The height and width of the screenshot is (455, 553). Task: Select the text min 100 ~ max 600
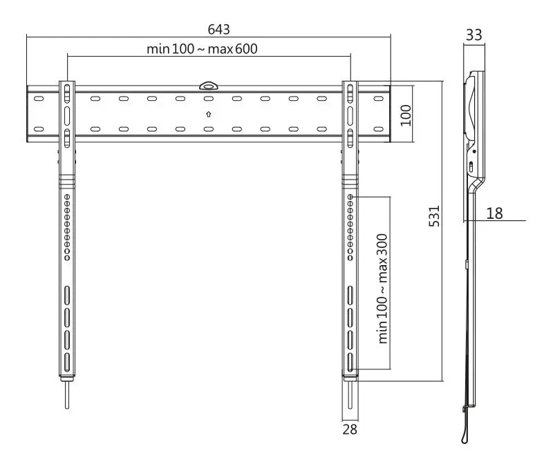point(207,49)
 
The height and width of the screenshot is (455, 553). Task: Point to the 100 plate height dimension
point(406,115)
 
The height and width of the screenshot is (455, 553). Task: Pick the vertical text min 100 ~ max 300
point(382,288)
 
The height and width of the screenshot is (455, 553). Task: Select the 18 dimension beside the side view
point(494,213)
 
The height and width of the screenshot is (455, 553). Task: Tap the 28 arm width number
point(350,429)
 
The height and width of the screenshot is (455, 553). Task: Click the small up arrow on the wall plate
point(208,113)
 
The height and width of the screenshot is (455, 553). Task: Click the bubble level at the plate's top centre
point(208,86)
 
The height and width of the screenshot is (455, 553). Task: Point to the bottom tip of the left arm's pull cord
point(67,407)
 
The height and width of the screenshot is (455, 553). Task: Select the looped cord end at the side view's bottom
point(462,436)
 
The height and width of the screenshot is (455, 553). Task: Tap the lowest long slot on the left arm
point(67,362)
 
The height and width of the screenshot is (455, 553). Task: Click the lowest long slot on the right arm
point(350,362)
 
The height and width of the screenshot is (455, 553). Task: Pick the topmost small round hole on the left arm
point(67,197)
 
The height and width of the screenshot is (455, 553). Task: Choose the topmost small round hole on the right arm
point(350,197)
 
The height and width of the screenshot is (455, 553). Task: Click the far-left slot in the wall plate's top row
point(38,99)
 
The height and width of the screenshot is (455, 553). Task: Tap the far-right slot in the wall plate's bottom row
point(377,128)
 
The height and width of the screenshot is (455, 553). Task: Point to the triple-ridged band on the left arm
point(67,178)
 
